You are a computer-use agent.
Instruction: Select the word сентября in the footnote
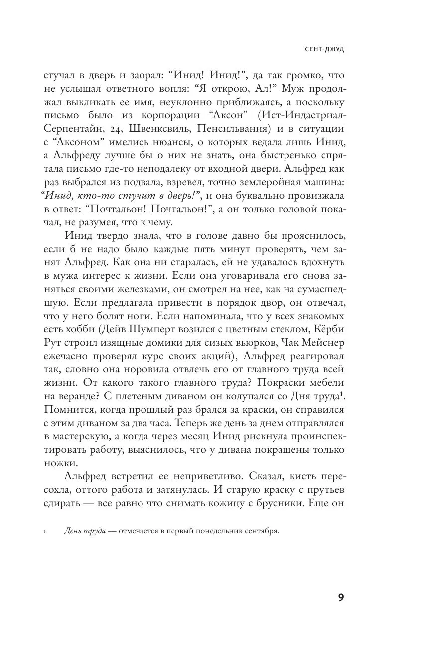[261, 531]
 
